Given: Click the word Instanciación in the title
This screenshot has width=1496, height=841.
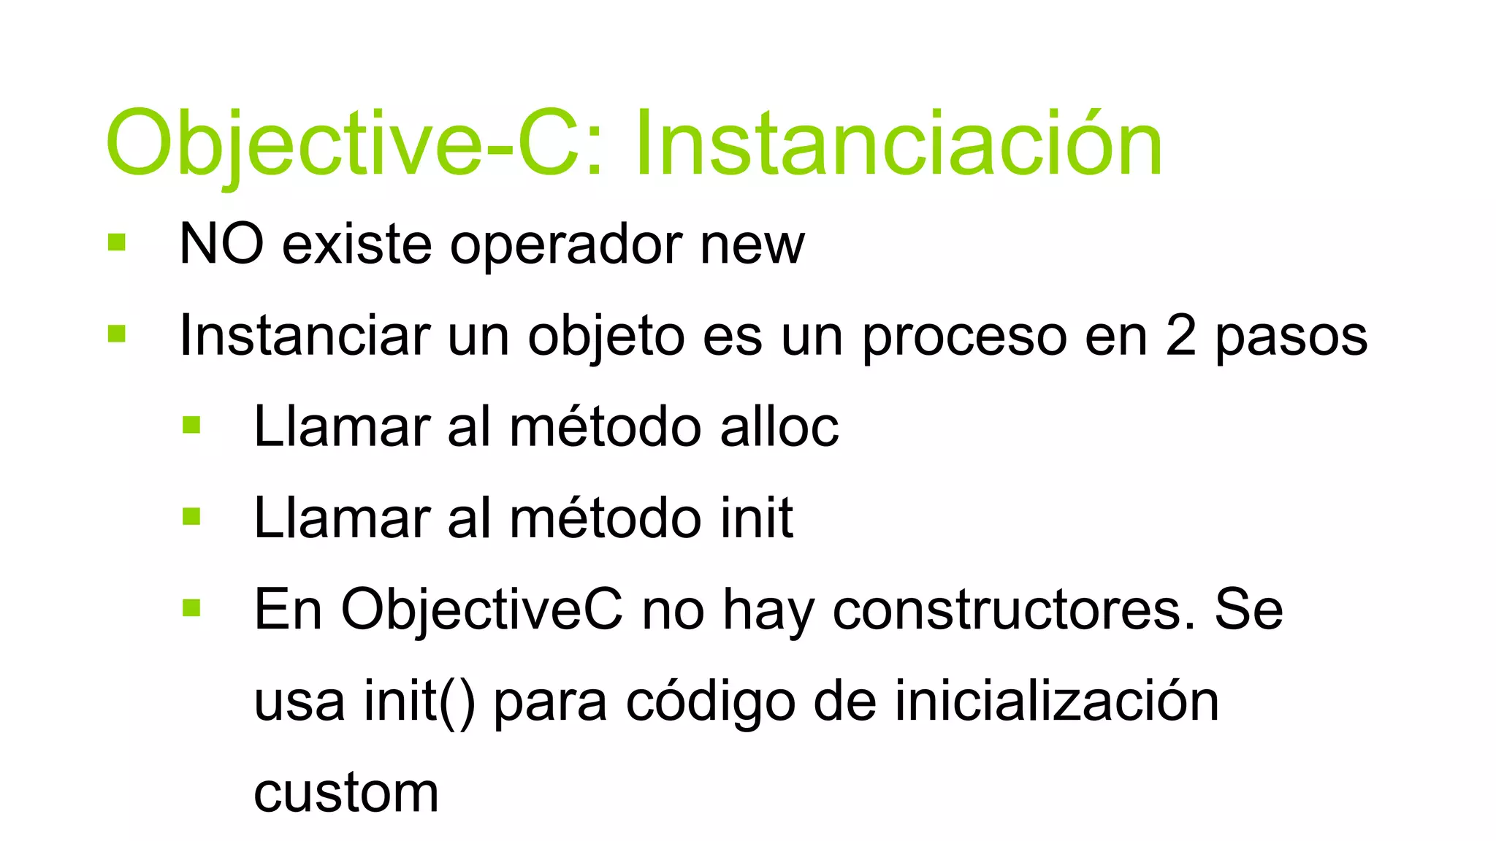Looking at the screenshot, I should [x=898, y=145].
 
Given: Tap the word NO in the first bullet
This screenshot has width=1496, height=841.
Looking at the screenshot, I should [x=221, y=245].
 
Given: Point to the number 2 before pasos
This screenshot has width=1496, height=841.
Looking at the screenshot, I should [x=1180, y=336].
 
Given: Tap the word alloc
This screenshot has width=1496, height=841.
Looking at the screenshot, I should [x=779, y=428].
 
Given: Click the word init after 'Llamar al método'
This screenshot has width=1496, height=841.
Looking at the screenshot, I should [x=757, y=519].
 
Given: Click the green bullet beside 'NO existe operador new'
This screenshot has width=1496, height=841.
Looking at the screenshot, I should [x=116, y=242].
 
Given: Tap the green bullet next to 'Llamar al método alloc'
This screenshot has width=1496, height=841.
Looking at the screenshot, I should [x=191, y=425].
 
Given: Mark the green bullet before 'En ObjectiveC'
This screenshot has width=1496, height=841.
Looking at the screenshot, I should [x=191, y=607].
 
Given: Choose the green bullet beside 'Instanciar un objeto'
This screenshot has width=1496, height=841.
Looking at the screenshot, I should [x=116, y=334].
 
